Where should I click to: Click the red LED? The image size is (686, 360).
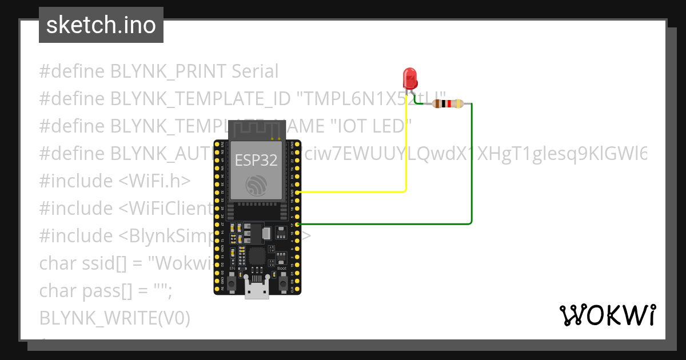pos(409,78)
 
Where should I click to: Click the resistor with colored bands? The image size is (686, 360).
pos(448,104)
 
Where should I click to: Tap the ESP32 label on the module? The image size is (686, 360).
pos(256,160)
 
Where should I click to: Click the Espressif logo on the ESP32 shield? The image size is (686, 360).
pos(256,185)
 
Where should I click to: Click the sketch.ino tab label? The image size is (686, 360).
pos(101,25)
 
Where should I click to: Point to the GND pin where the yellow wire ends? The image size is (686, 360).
pos(298,193)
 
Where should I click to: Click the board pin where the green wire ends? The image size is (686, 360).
pos(298,224)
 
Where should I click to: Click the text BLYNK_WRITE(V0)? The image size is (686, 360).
pos(114,318)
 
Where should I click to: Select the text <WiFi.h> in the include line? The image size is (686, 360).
pos(154,181)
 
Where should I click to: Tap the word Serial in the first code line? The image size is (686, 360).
pos(255,71)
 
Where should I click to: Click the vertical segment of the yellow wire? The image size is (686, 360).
pos(406,143)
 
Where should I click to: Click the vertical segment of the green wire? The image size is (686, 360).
pos(472,166)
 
